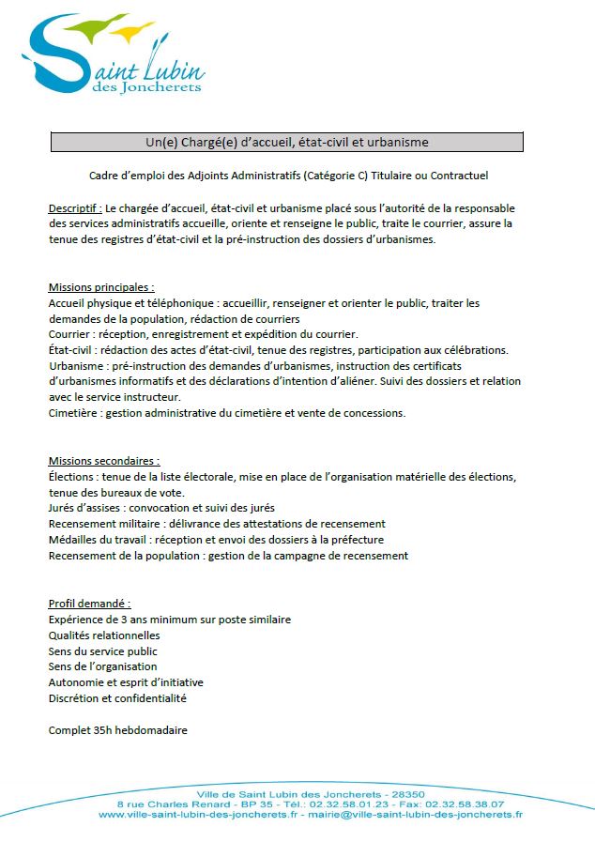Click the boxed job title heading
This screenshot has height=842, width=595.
pos(286,142)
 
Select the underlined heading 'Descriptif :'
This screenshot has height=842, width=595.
pos(75,207)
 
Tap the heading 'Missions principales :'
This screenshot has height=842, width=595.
pos(101,287)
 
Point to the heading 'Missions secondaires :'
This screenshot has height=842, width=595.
pos(103,461)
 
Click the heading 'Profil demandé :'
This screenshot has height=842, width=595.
pos(89,604)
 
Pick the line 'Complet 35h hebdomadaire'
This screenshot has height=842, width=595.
pos(118,730)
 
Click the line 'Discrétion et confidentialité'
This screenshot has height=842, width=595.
pos(117,698)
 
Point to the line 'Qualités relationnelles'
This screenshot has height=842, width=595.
pos(104,635)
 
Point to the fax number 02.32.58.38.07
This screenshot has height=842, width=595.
pos(465,804)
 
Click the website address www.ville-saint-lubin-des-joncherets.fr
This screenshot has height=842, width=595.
pos(198,815)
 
